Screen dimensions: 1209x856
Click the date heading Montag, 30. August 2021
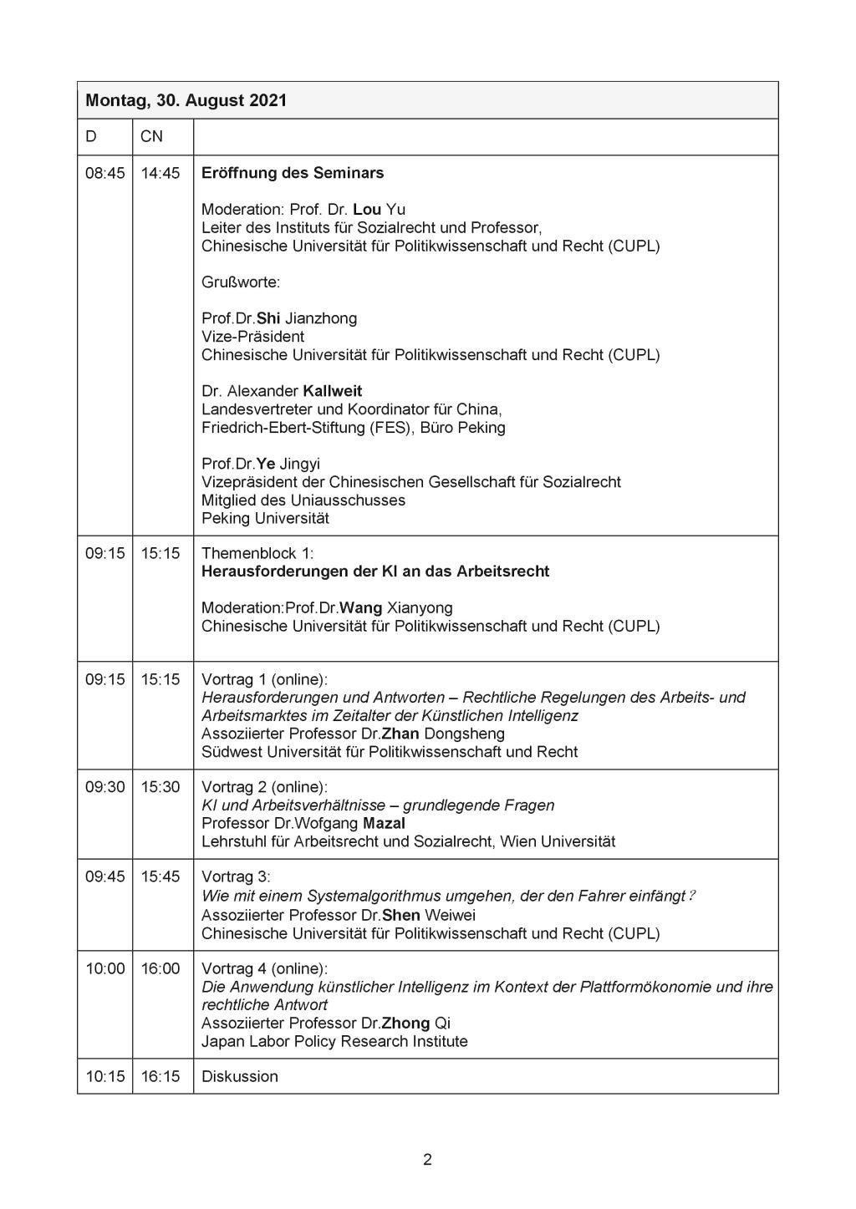click(186, 100)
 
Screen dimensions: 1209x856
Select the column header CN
click(151, 136)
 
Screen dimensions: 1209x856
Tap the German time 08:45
click(104, 173)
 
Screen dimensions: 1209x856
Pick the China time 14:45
click(160, 173)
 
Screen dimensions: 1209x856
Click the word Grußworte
click(241, 282)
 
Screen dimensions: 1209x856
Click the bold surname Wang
click(360, 607)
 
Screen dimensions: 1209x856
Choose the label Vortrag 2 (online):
click(264, 787)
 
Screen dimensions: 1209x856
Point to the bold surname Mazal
click(384, 823)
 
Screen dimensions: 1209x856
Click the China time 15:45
click(160, 876)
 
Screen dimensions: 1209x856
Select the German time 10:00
click(104, 968)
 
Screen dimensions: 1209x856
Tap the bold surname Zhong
click(405, 1023)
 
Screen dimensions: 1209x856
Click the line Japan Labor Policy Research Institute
click(334, 1041)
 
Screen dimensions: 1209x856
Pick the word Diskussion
click(239, 1076)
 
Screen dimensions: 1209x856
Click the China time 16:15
click(160, 1076)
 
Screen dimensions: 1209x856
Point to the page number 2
click(427, 1159)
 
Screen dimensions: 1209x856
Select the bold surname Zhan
click(400, 734)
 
